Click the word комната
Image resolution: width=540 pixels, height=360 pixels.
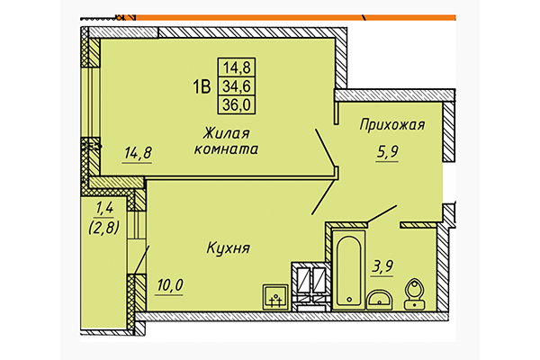coord(227,150)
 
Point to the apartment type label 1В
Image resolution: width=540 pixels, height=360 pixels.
coord(200,87)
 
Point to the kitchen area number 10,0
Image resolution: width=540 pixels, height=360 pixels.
coord(168,286)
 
